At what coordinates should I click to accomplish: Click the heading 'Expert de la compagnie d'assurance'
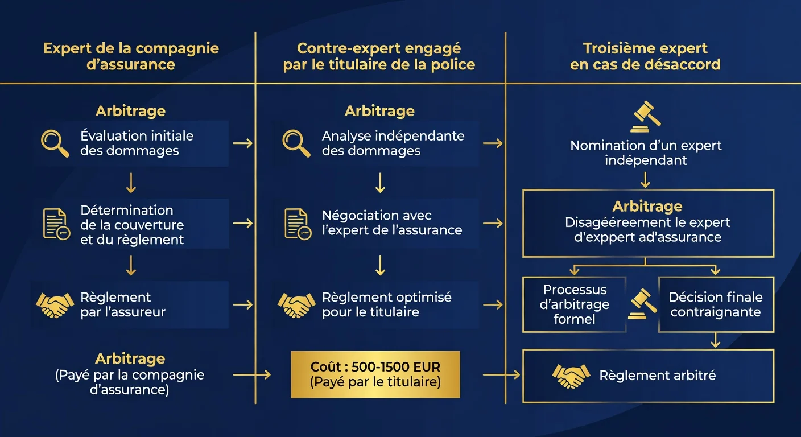coord(130,56)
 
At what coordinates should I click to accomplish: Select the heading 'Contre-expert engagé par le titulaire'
coord(379,56)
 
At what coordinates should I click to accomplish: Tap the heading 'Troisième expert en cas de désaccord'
coord(645,56)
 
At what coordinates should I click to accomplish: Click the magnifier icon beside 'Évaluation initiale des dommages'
coord(55,143)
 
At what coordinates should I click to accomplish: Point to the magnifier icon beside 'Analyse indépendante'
coord(296,143)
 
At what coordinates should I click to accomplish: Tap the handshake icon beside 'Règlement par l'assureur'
coord(55,305)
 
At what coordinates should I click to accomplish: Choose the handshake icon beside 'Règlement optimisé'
coord(296,305)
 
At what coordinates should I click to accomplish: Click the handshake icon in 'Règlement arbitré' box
coord(571,376)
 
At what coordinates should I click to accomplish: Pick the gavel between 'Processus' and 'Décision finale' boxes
coord(642,304)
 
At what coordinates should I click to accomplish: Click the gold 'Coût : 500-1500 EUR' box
coord(375,374)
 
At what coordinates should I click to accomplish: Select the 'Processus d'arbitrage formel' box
coord(574,304)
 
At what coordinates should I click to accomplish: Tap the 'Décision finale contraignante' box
coord(716,304)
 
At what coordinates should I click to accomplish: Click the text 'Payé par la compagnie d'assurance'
coord(130,382)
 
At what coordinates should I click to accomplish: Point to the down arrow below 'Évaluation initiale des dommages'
coord(131,183)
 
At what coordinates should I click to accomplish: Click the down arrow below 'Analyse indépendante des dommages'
coord(380,183)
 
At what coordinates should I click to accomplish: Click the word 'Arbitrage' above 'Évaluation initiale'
coord(130,110)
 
